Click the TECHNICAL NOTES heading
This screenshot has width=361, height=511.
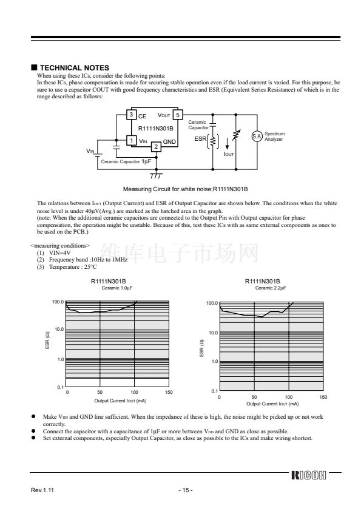74,68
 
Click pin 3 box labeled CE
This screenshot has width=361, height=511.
131,114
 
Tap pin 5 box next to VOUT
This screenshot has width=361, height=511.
178,115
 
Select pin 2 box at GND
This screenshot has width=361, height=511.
156,147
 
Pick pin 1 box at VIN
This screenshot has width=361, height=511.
131,140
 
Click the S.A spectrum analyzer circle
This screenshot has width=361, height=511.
257,136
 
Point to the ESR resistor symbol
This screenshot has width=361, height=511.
213,141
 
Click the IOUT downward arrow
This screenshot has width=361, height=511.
227,144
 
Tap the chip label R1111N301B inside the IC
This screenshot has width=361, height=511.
156,129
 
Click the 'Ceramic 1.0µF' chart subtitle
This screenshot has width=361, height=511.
117,288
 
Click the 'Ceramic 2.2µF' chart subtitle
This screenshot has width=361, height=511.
271,288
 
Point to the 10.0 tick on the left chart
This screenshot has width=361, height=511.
59,329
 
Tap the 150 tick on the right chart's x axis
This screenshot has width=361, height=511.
323,397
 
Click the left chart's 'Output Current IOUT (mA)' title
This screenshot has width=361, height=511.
120,401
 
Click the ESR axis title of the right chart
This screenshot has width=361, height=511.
201,348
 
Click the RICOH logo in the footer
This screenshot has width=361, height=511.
309,475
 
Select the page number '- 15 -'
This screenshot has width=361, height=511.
186,490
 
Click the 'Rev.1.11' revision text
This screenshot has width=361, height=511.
42,490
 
